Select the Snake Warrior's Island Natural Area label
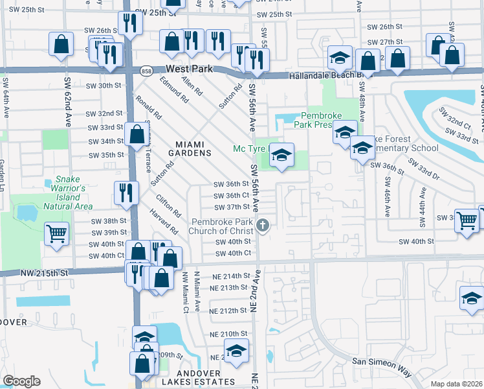pos(67,193)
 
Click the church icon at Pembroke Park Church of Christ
pos(263,226)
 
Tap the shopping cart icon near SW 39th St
pos(56,233)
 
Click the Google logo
pos(21,381)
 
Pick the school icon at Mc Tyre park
pos(281,156)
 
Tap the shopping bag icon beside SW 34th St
pos(137,135)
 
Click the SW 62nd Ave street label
pos(67,102)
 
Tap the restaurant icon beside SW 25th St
pos(130,23)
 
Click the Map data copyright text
pos(456,383)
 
